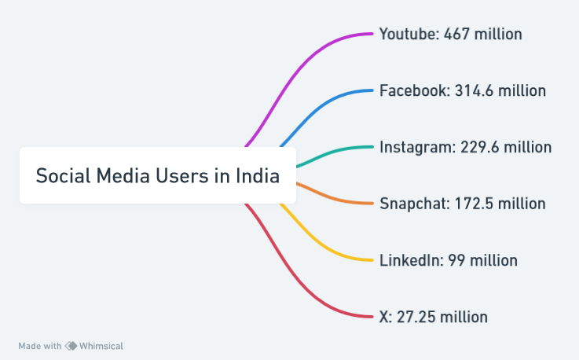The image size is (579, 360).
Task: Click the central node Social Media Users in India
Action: point(157,175)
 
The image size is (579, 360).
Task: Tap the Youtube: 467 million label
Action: point(450,34)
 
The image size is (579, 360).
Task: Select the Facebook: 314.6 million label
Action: point(462,90)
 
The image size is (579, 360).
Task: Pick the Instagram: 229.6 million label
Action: point(465,147)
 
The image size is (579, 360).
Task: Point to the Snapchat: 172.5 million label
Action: point(462,204)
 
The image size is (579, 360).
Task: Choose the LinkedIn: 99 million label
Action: point(448,260)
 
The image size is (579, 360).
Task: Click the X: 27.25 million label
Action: point(433,317)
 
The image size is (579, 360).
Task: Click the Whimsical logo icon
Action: point(71,346)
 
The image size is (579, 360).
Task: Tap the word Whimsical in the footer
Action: point(101,346)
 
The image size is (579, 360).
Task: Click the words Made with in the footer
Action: point(40,346)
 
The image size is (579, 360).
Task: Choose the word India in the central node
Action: point(258,175)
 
